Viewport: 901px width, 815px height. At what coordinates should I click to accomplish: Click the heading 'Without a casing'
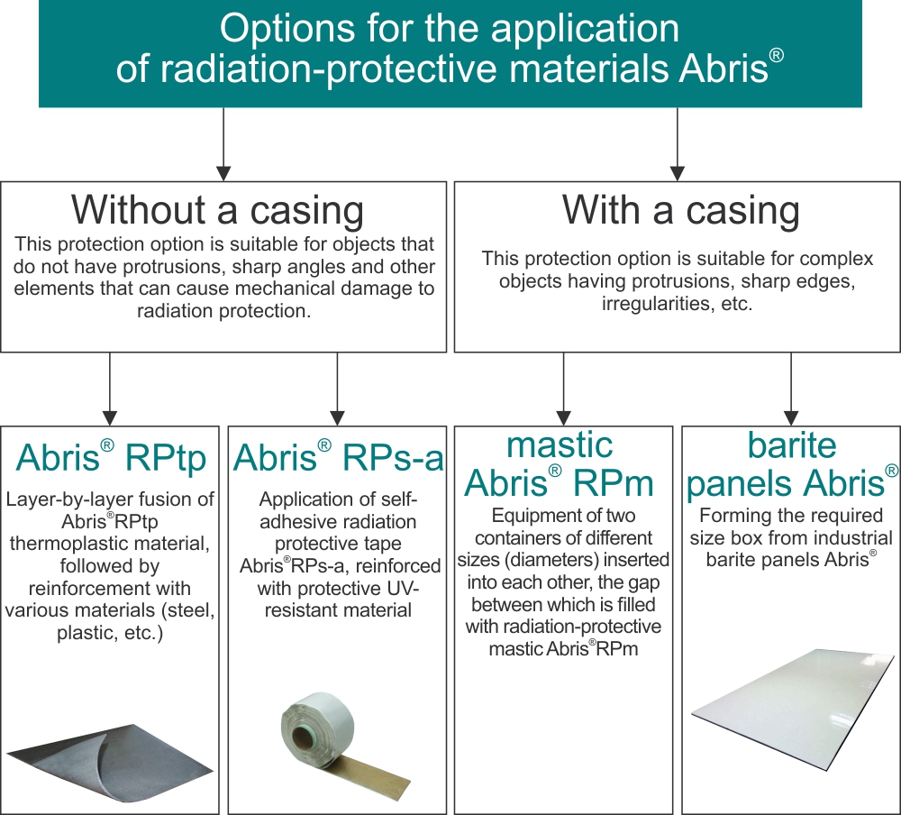pyautogui.click(x=217, y=210)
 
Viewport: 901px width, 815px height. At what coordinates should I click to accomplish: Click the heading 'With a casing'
pyautogui.click(x=681, y=210)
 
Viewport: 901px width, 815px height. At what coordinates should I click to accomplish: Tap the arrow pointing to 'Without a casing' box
pyautogui.click(x=223, y=144)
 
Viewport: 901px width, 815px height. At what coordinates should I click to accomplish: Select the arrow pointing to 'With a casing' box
pyautogui.click(x=678, y=144)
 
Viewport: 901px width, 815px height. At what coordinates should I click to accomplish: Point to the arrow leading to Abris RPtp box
pyautogui.click(x=110, y=389)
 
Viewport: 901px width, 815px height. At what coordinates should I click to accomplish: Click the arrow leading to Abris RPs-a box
pyautogui.click(x=337, y=389)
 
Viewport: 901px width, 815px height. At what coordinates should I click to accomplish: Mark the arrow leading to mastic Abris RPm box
pyautogui.click(x=564, y=389)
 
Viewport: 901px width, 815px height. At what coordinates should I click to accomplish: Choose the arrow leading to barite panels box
pyautogui.click(x=791, y=389)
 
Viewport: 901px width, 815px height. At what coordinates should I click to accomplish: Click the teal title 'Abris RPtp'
pyautogui.click(x=111, y=458)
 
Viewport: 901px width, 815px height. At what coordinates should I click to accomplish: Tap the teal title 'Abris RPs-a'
pyautogui.click(x=339, y=458)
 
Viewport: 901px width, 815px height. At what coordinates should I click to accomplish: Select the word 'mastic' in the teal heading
pyautogui.click(x=560, y=445)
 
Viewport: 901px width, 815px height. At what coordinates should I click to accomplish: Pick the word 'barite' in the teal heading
pyautogui.click(x=792, y=445)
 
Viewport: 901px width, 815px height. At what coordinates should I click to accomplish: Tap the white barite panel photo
pyautogui.click(x=793, y=710)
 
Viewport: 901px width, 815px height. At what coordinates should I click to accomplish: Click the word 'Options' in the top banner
pyautogui.click(x=287, y=29)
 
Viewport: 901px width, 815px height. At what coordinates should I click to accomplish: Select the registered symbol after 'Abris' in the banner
pyautogui.click(x=777, y=55)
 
